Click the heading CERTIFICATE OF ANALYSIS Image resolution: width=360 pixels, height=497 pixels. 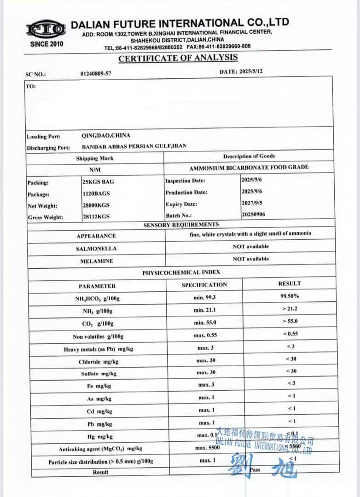coord(178,58)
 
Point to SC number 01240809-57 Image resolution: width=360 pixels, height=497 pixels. coord(96,73)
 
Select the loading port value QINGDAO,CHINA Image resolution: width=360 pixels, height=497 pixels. coord(105,136)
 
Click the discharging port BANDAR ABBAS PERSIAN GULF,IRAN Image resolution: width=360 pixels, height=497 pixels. coord(134,147)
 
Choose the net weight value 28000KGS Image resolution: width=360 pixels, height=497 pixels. coord(96,205)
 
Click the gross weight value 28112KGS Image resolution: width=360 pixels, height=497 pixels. coord(96,217)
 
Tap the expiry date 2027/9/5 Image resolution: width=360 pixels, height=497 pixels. coord(251,202)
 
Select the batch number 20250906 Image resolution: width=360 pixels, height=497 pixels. coord(253,214)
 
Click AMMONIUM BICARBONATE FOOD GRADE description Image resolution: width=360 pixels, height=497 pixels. coord(249,168)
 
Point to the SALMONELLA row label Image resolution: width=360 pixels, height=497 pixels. coord(96,248)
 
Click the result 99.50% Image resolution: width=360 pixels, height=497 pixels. coord(289,296)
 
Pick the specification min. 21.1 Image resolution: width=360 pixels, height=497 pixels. coord(204,310)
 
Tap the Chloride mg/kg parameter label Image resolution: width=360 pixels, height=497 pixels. coord(95,362)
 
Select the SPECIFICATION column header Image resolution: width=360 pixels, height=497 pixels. coord(204,285)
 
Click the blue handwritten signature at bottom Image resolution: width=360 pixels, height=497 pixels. coord(262,465)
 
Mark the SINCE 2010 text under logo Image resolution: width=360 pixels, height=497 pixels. coord(46,44)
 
